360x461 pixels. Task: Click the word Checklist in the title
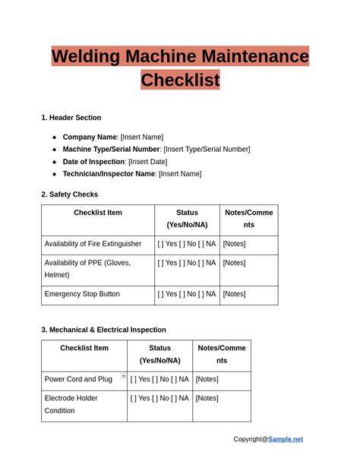click(180, 80)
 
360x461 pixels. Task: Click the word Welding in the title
click(90, 56)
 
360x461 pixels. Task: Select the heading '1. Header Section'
click(71, 118)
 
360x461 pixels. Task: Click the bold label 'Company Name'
click(90, 137)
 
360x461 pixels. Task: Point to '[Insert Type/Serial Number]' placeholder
click(207, 150)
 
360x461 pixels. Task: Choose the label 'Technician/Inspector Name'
click(109, 174)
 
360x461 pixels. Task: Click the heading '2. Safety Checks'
click(69, 194)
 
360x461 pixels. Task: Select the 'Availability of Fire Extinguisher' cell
click(93, 244)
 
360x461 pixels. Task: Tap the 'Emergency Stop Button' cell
click(82, 294)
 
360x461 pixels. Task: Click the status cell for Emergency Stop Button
click(187, 294)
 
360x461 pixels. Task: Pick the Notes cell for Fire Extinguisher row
click(234, 244)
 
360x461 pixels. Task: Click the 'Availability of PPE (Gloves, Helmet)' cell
click(87, 269)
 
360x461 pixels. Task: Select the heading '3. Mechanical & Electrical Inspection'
click(103, 330)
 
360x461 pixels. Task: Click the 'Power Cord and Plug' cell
click(78, 379)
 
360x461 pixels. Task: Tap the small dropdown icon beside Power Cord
click(123, 376)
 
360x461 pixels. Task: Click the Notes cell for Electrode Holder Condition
click(207, 398)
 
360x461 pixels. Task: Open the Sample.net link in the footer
click(285, 439)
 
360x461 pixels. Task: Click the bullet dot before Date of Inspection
click(55, 162)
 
